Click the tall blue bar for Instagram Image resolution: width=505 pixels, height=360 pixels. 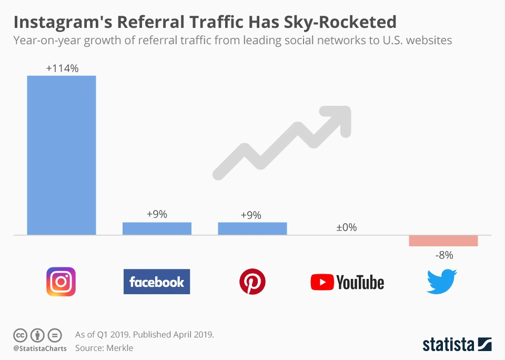click(x=62, y=155)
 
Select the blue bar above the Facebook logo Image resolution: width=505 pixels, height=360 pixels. click(x=157, y=228)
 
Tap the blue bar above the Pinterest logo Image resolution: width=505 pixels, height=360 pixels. click(x=252, y=228)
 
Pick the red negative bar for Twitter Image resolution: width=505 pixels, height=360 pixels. click(x=443, y=241)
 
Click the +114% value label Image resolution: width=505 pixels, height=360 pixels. click(x=62, y=68)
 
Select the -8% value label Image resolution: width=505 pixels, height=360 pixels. click(x=443, y=255)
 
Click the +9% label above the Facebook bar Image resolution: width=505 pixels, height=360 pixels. click(x=157, y=214)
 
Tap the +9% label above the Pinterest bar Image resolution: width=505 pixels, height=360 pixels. click(x=250, y=215)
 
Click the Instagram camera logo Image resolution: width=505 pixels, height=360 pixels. click(x=61, y=282)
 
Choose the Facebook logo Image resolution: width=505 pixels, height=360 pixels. click(x=157, y=282)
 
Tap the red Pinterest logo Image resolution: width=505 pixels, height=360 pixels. click(x=252, y=282)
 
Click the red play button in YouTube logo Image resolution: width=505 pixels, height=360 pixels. click(x=321, y=282)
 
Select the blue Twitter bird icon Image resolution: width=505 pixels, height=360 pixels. click(x=442, y=282)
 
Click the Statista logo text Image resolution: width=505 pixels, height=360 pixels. click(x=449, y=345)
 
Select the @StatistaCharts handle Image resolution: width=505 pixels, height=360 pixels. click(x=40, y=348)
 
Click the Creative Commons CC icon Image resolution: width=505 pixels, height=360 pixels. click(x=20, y=335)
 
